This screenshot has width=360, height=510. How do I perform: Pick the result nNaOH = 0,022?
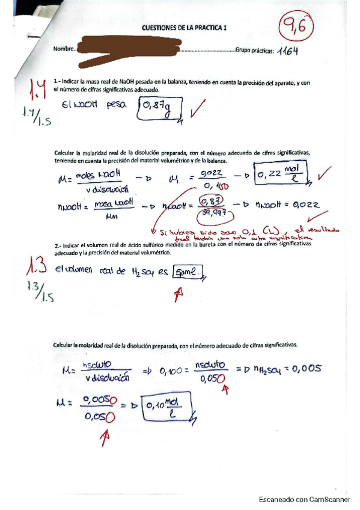point(288,206)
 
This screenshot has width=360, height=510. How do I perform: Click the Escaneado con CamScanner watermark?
point(304,499)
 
